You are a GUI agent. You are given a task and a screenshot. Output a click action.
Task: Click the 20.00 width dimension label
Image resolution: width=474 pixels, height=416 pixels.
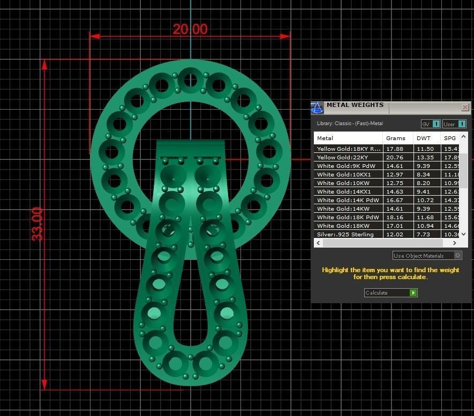coord(190,29)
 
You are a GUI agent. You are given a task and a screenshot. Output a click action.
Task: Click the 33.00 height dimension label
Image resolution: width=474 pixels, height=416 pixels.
coord(37,224)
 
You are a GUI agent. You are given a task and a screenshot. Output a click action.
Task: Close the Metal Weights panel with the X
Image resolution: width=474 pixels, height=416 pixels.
coord(464,107)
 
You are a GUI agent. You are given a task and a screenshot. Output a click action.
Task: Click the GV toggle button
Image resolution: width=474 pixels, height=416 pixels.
coord(431,124)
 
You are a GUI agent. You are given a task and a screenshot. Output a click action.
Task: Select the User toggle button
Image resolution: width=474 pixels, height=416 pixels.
coord(454,124)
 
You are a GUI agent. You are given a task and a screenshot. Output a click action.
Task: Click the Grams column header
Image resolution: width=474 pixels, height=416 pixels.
coord(396,138)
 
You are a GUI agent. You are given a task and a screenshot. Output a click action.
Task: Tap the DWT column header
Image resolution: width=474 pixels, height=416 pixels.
coord(423,138)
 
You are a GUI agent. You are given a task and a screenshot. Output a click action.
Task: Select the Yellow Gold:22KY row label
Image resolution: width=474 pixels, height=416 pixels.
coord(342,157)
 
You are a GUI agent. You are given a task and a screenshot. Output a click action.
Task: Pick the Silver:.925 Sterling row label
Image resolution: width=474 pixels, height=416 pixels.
coord(345,234)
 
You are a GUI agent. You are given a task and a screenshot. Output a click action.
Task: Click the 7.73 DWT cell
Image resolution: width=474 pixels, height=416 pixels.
coord(423,234)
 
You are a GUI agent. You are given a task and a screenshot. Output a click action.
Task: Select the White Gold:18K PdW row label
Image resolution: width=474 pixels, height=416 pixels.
coord(348,217)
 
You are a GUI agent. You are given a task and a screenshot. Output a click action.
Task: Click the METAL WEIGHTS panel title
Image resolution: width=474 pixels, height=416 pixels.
coord(355,105)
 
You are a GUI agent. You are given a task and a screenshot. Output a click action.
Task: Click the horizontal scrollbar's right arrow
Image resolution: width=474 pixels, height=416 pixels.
coord(456,243)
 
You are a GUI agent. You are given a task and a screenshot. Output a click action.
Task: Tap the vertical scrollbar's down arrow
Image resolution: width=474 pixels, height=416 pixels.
coord(464,234)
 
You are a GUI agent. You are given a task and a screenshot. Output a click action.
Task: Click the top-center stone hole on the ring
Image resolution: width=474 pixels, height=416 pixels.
coord(190,81)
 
